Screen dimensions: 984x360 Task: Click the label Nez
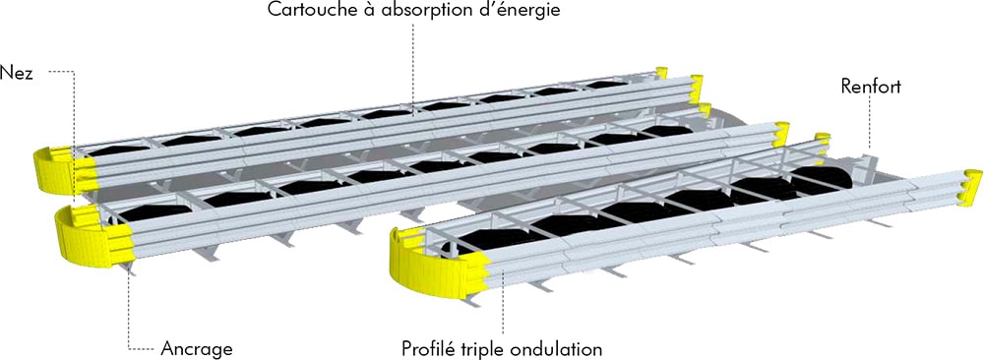[21, 74]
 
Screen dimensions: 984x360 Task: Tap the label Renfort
[871, 88]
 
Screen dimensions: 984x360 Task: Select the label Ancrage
[197, 348]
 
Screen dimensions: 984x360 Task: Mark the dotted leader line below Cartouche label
[412, 69]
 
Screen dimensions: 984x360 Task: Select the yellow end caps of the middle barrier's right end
[781, 134]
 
